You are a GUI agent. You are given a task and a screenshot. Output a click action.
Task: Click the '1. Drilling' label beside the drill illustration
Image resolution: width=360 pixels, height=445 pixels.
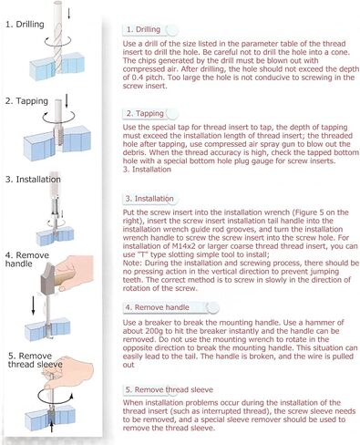(x=25, y=25)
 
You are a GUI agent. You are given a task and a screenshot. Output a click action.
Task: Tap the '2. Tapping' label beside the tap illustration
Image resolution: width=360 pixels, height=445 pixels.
(x=26, y=101)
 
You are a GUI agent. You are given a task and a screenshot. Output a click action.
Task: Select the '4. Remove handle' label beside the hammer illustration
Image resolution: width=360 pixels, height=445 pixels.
(x=26, y=259)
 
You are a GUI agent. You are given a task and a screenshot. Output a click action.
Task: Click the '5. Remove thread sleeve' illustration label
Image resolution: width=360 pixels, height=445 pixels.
(x=36, y=360)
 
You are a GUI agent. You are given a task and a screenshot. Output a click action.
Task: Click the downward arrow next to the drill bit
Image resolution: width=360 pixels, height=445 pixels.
(x=69, y=13)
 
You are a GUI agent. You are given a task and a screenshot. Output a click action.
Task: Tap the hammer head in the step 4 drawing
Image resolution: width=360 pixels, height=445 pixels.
(x=47, y=279)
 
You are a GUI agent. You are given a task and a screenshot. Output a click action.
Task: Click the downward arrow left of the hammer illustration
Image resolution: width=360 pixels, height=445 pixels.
(x=33, y=305)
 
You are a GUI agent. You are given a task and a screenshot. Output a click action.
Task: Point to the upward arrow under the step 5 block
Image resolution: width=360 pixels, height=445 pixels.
(x=52, y=426)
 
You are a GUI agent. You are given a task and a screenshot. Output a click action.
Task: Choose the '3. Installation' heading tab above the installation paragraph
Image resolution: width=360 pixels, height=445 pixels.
(x=150, y=199)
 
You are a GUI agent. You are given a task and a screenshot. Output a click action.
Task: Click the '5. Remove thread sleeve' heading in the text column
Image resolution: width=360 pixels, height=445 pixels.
(x=169, y=389)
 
